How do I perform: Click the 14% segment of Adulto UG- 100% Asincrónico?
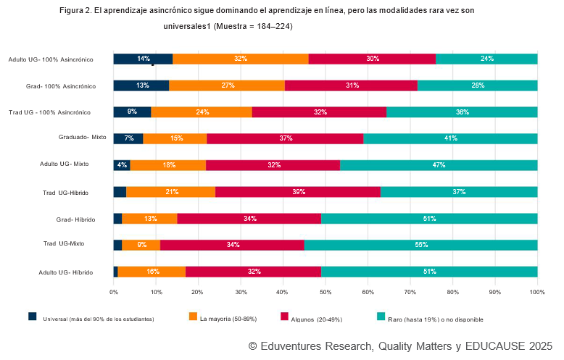pos(143,59)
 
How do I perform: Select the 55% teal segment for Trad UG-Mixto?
pos(420,245)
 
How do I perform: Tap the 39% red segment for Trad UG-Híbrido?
pos(297,191)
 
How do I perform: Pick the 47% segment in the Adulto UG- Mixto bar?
pos(439,164)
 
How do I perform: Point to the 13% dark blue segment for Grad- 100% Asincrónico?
pos(141,85)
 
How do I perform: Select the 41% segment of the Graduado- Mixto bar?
pos(450,138)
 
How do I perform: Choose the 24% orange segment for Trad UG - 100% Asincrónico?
pos(202,112)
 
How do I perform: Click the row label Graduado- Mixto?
pos(83,137)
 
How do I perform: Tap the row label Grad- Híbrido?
pos(75,218)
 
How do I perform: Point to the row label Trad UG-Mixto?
pos(64,243)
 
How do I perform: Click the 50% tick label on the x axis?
pos(325,292)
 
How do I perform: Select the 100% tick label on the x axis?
pos(536,292)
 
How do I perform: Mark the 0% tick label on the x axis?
pos(114,292)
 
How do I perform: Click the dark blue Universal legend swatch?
pos(33,317)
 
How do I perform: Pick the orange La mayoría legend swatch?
pos(193,317)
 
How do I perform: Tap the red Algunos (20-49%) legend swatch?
pos(285,317)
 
